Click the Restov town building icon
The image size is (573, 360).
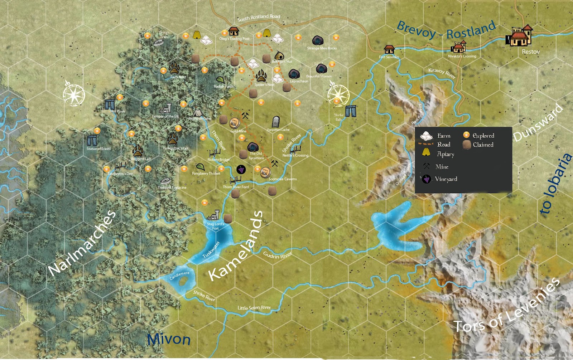520,36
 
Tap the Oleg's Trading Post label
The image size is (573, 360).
234,39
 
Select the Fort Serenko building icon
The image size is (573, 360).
389,49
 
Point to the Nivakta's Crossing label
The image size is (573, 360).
462,56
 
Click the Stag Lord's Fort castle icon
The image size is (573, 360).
214,215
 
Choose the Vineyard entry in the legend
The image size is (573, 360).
446,179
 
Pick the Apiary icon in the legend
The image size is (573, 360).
426,152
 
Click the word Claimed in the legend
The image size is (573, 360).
483,145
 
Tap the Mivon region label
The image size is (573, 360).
169,339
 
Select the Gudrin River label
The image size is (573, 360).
277,255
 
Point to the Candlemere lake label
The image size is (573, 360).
179,275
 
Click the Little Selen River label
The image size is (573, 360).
254,308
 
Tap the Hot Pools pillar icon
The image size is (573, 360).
110,104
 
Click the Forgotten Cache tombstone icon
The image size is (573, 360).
275,122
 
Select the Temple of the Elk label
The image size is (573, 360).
165,116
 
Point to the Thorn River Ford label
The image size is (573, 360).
236,187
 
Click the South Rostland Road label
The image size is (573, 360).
259,17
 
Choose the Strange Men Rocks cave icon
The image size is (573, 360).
318,40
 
